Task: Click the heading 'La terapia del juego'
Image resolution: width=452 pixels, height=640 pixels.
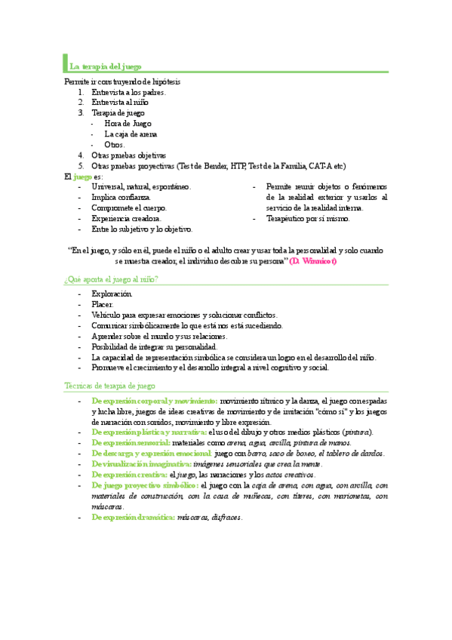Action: tap(106, 66)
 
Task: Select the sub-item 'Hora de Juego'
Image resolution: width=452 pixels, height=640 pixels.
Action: tap(128, 123)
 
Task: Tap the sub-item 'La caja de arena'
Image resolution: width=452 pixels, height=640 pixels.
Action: tap(131, 134)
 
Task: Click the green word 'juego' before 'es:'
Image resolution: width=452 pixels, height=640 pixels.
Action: tap(83, 176)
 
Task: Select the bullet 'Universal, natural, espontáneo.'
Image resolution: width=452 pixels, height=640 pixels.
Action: tap(141, 186)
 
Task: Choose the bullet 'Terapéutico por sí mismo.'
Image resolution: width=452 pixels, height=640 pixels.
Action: tap(308, 218)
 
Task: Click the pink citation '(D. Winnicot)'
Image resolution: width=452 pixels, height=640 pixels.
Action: tap(313, 260)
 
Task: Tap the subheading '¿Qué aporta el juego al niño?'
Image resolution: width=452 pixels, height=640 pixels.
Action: tap(111, 279)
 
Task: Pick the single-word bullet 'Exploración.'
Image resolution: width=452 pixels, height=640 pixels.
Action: tap(112, 293)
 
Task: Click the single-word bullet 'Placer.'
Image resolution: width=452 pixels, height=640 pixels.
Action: tap(103, 304)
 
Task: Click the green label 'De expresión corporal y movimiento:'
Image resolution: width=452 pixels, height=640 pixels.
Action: tap(155, 400)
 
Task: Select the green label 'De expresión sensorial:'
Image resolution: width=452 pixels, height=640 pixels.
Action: tap(131, 443)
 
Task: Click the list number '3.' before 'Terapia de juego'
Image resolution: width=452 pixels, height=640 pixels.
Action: tap(81, 112)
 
